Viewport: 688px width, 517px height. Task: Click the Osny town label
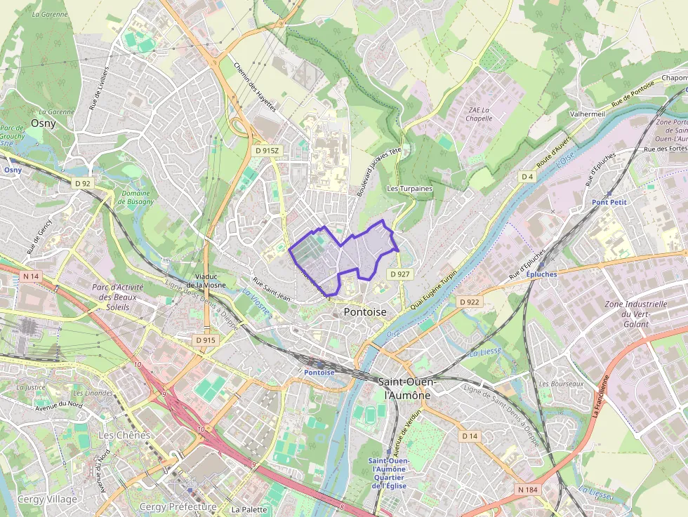pyautogui.click(x=43, y=123)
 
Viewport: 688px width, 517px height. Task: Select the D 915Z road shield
pyautogui.click(x=267, y=151)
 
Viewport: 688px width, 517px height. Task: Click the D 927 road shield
pyautogui.click(x=399, y=274)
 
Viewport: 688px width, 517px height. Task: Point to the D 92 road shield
pyautogui.click(x=83, y=184)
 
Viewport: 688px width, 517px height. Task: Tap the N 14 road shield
pyautogui.click(x=30, y=276)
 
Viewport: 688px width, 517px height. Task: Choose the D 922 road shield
pyautogui.click(x=470, y=302)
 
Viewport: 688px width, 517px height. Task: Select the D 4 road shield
pyautogui.click(x=527, y=176)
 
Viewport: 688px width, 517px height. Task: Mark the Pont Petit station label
pyautogui.click(x=609, y=202)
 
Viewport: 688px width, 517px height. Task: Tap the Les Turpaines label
pyautogui.click(x=410, y=189)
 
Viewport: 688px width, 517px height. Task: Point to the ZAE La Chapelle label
pyautogui.click(x=479, y=114)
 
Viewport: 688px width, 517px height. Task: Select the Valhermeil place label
pyautogui.click(x=588, y=113)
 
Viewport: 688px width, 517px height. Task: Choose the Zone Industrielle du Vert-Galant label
pyautogui.click(x=635, y=314)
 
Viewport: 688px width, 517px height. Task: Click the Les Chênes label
pyautogui.click(x=124, y=435)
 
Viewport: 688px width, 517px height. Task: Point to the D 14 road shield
pyautogui.click(x=469, y=436)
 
